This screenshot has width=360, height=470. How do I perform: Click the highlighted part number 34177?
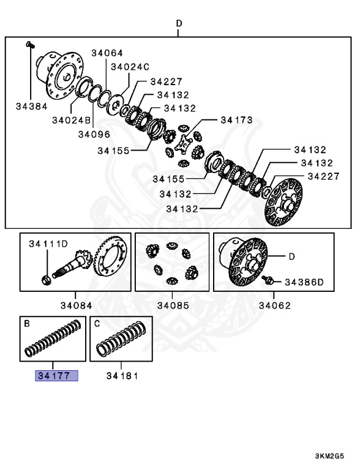56,375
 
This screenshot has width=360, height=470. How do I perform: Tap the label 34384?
31,106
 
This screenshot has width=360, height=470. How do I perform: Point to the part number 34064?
107,53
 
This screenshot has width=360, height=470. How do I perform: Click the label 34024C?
129,67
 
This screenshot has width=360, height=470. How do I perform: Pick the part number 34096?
94,133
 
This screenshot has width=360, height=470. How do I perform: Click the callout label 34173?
236,121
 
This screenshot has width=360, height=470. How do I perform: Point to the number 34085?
173,305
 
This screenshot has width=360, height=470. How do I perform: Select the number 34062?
274,305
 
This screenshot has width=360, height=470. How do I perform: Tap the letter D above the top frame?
179,24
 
